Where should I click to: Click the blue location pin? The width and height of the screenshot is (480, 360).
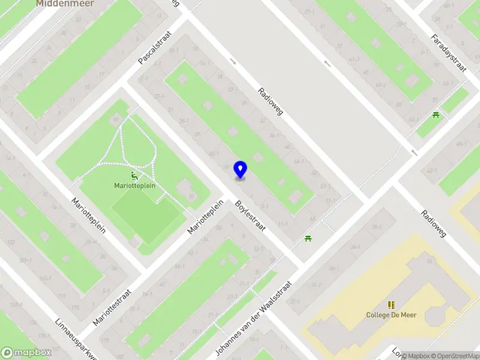tap(240, 169)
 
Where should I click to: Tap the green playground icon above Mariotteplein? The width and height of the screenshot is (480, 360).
tap(135, 176)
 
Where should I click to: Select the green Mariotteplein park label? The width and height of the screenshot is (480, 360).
tap(135, 186)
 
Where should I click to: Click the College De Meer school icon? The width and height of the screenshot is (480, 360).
tap(391, 305)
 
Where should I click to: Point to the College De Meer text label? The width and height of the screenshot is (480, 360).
tap(391, 315)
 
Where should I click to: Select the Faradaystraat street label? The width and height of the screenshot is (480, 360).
tap(448, 53)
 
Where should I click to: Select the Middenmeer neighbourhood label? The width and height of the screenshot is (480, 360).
tap(60, 4)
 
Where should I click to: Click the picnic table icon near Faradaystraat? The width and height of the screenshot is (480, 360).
tap(436, 114)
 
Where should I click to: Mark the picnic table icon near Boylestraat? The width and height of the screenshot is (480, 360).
tap(308, 238)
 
